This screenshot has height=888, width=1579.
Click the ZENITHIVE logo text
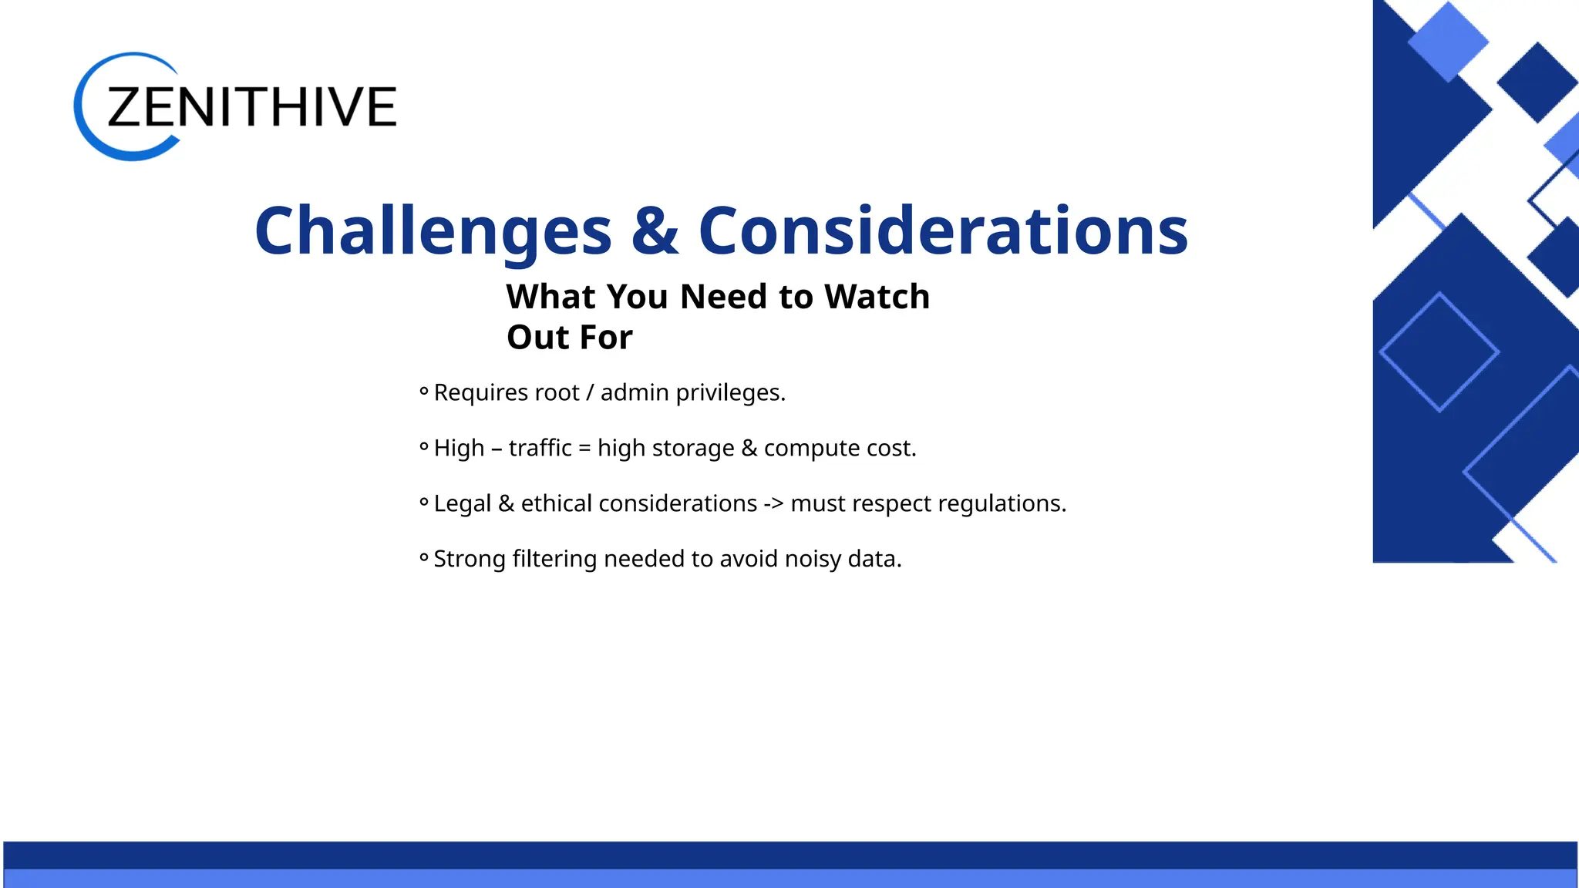pyautogui.click(x=251, y=107)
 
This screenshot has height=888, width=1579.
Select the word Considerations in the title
pyautogui.click(x=942, y=231)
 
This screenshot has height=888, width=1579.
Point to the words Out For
pyautogui.click(x=569, y=338)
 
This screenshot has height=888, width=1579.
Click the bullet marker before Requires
pyautogui.click(x=424, y=392)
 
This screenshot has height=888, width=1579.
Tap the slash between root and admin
pyautogui.click(x=590, y=393)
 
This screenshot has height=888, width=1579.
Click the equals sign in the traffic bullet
pyautogui.click(x=584, y=449)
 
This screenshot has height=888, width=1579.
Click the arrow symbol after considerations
pyautogui.click(x=773, y=504)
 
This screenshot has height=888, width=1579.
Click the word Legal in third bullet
pyautogui.click(x=462, y=504)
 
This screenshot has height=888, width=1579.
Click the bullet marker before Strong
pyautogui.click(x=424, y=557)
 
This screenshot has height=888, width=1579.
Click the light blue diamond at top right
pyautogui.click(x=1447, y=41)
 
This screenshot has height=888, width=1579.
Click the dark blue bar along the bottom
pyautogui.click(x=789, y=855)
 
